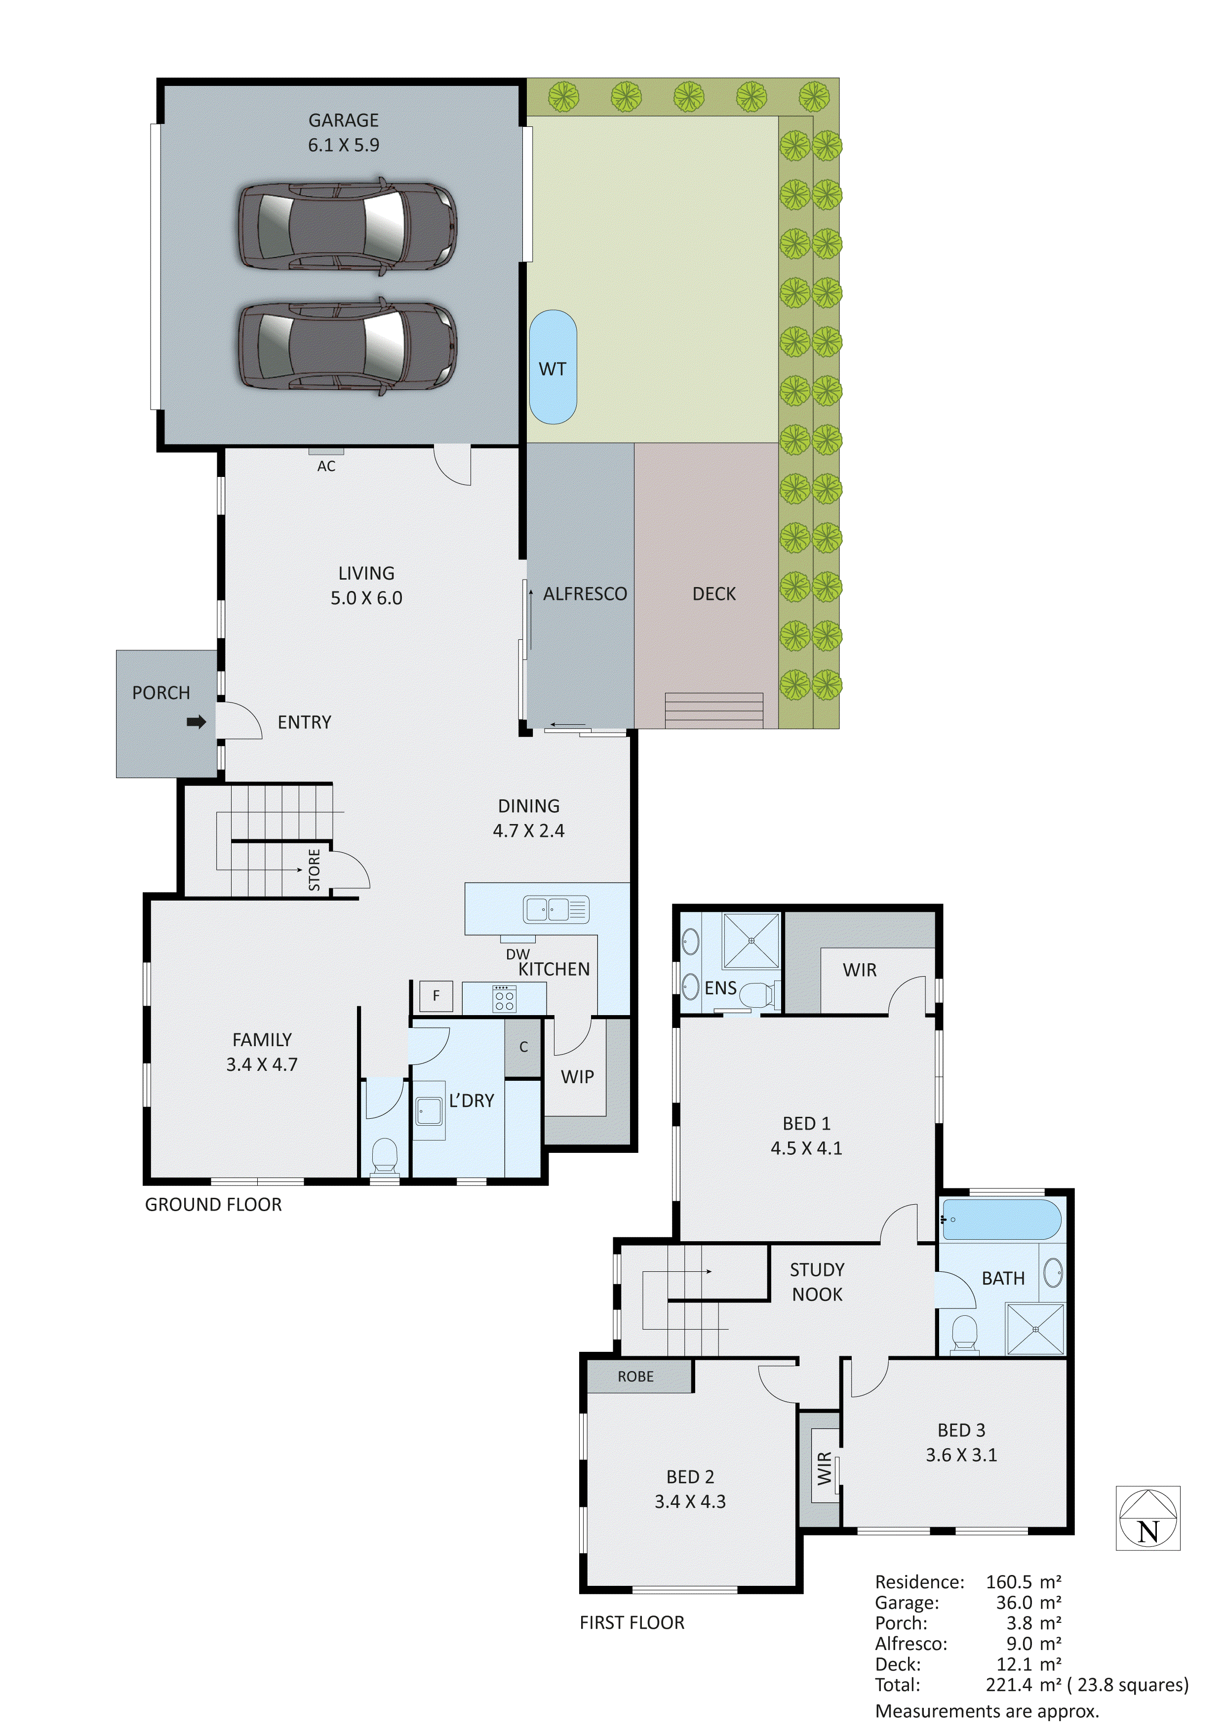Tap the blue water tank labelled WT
pyautogui.click(x=553, y=367)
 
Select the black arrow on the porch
pyautogui.click(x=196, y=722)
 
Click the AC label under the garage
pyautogui.click(x=326, y=466)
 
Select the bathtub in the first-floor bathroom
pyautogui.click(x=1001, y=1219)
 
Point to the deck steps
pyautogui.click(x=713, y=710)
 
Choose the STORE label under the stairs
pyautogui.click(x=315, y=870)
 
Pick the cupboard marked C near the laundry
pyautogui.click(x=523, y=1047)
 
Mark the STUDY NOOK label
pyautogui.click(x=817, y=1282)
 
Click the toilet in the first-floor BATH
pyautogui.click(x=964, y=1334)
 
